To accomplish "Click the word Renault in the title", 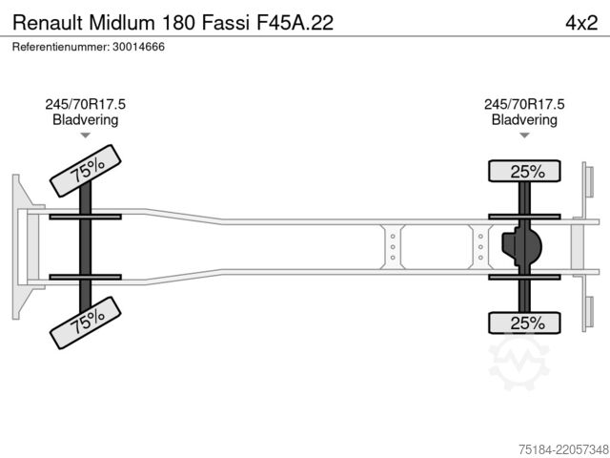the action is coord(48,23).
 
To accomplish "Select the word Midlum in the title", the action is coord(122,23).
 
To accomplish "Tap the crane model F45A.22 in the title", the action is coord(295,23).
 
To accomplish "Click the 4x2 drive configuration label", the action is coord(581,23).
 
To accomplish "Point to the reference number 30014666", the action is coord(138,47).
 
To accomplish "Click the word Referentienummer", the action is coord(61,47).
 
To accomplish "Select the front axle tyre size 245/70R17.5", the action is coord(85,104).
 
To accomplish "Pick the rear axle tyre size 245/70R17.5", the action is coord(524,104).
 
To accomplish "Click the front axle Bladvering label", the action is coord(85,119).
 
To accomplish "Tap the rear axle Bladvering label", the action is coord(524,119).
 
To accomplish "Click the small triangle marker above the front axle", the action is coord(85,135).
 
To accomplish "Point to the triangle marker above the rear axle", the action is coord(524,135).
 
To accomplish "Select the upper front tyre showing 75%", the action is coord(86,171).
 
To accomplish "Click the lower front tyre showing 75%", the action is coord(86,323).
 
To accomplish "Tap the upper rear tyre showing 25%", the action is coord(524,171).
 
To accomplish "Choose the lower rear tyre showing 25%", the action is coord(524,323).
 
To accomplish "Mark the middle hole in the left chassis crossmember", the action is coord(393,247).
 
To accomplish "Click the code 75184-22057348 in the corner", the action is coord(563,449).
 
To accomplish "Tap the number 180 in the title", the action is coord(178,23).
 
